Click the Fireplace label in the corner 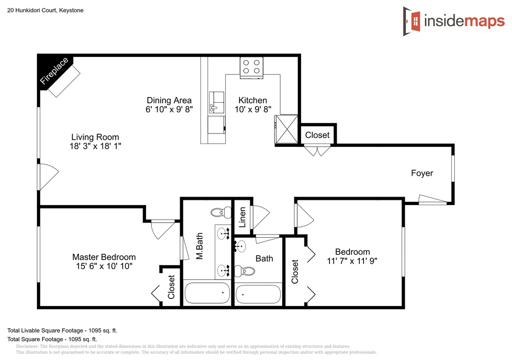pyautogui.click(x=54, y=71)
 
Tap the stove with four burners pyautogui.click(x=251, y=68)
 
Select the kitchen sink pyautogui.click(x=217, y=102)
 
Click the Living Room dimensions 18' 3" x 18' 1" pyautogui.click(x=95, y=146)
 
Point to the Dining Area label pyautogui.click(x=169, y=100)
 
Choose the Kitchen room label pyautogui.click(x=253, y=100)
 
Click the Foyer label pyautogui.click(x=422, y=173)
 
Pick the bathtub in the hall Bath pyautogui.click(x=258, y=295)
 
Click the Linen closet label pyautogui.click(x=242, y=217)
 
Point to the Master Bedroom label pyautogui.click(x=104, y=257)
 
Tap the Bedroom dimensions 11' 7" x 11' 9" pyautogui.click(x=352, y=261)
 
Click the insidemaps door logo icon pyautogui.click(x=412, y=21)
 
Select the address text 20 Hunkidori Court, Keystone pyautogui.click(x=46, y=10)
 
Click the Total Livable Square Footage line pyautogui.click(x=62, y=330)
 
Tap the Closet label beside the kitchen pyautogui.click(x=317, y=135)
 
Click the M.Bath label pyautogui.click(x=199, y=246)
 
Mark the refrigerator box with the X pyautogui.click(x=286, y=129)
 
